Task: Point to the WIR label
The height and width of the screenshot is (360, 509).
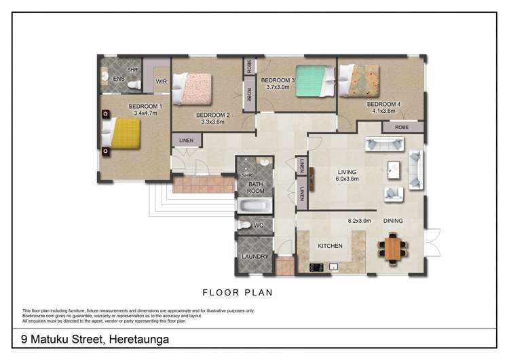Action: pyautogui.click(x=161, y=82)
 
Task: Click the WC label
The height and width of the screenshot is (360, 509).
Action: pyautogui.click(x=258, y=225)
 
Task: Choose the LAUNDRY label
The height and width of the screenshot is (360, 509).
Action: pyautogui.click(x=253, y=256)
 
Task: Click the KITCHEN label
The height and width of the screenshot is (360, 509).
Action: pyautogui.click(x=330, y=245)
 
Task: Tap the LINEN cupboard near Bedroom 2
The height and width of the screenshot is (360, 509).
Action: pyautogui.click(x=187, y=141)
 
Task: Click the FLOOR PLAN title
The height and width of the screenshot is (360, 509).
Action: pyautogui.click(x=238, y=293)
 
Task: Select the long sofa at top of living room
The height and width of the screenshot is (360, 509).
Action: pyautogui.click(x=385, y=143)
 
